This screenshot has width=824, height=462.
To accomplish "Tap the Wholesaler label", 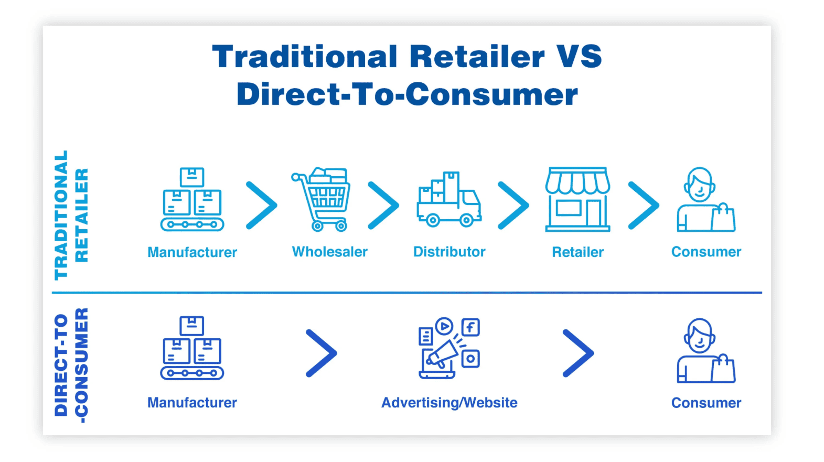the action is (x=329, y=252).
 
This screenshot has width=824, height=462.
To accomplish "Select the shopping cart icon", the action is (x=321, y=199).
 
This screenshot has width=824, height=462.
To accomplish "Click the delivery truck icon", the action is (x=449, y=199).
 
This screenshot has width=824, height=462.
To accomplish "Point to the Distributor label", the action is (x=449, y=252).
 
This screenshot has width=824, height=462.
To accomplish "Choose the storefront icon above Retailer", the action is (x=577, y=199).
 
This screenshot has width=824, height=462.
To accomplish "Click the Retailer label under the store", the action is (x=578, y=252).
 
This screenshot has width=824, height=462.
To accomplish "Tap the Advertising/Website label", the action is (x=449, y=403).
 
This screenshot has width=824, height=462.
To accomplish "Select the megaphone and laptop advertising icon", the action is (x=449, y=348).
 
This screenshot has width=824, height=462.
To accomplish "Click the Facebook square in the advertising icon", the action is (x=471, y=327).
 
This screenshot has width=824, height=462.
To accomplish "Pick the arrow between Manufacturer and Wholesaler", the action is (x=262, y=205).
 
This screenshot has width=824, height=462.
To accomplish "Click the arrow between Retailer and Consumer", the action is (x=644, y=205).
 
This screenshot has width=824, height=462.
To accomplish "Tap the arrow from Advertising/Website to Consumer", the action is (x=579, y=353).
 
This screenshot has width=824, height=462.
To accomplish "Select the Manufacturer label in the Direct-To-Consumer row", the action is (x=192, y=403).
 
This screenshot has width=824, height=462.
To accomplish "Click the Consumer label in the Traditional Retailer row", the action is (x=707, y=252).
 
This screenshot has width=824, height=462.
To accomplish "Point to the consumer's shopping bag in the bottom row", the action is (x=723, y=369).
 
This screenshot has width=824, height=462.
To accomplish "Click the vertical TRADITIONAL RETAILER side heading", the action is (x=71, y=215).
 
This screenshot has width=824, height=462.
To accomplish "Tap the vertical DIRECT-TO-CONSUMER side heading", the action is (x=71, y=366).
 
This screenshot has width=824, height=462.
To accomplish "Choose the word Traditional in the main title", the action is (x=305, y=56).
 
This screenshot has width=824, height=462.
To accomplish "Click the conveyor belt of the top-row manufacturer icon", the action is (x=192, y=224).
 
